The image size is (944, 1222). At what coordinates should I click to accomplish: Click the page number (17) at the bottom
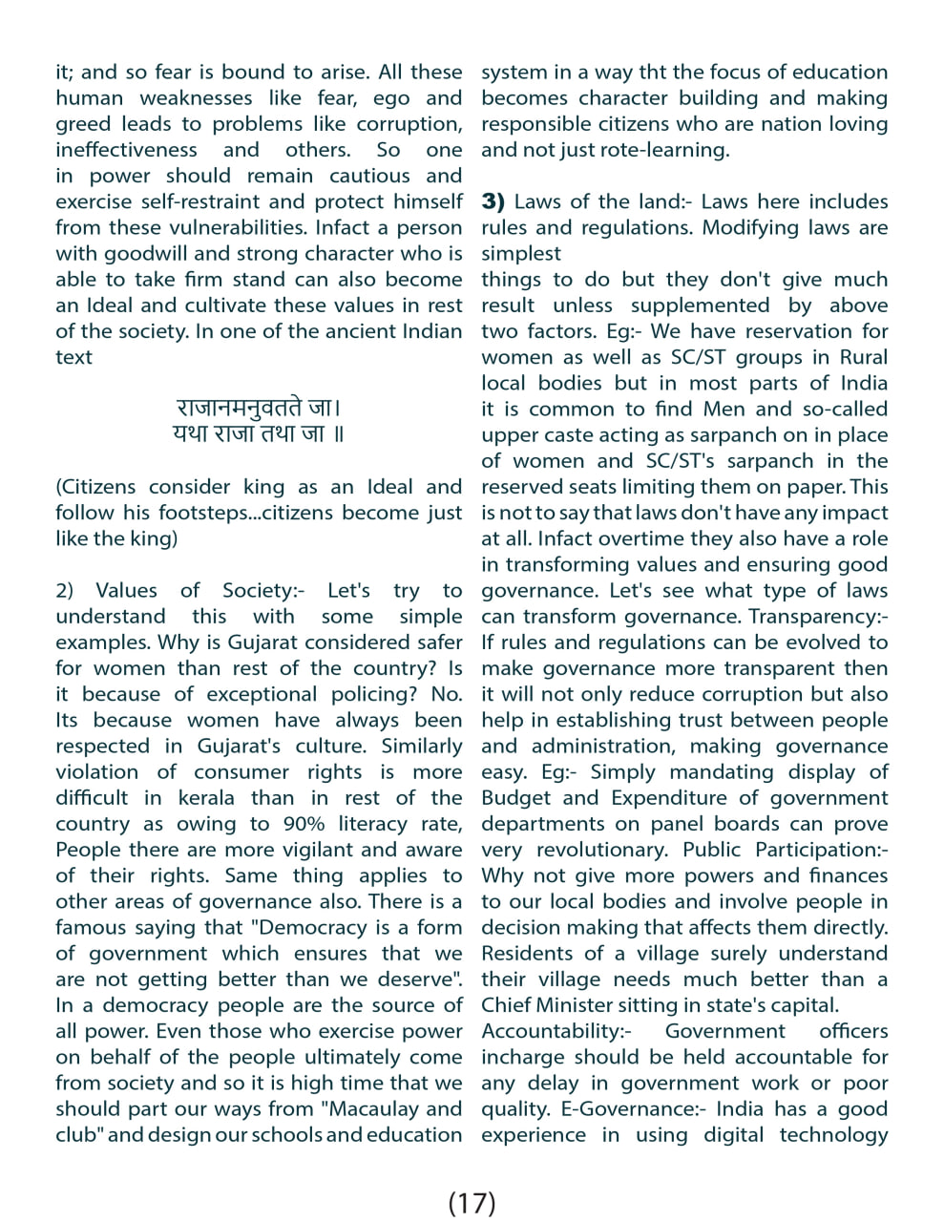pos(472,1202)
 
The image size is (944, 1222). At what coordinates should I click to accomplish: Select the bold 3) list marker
pos(493,201)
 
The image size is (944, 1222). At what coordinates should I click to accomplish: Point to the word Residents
pos(528,954)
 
